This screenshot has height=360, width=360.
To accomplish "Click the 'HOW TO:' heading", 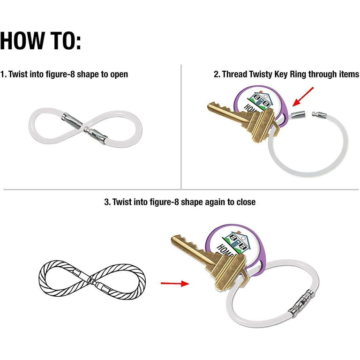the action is pos(40,41).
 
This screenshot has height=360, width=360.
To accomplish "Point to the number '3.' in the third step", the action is pos(107,202).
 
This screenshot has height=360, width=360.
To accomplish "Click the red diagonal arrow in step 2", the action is pos(303,97).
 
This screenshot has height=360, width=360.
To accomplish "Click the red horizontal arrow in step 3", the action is pos(175,284).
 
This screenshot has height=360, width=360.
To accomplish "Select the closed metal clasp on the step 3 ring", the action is pos(301,302).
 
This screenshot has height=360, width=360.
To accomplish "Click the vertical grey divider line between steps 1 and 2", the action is pos(181,127).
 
